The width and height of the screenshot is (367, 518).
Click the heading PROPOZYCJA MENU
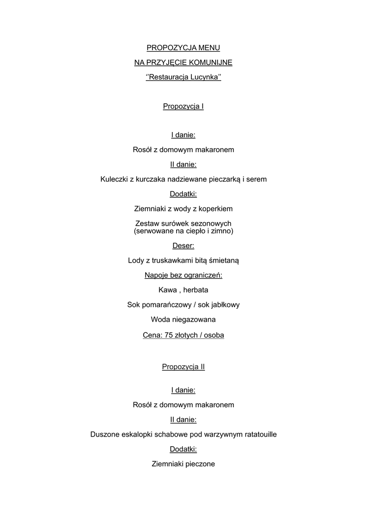(x=183, y=48)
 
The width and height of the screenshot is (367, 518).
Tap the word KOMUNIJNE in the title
(x=210, y=63)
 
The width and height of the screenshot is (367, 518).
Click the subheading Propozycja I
(x=183, y=106)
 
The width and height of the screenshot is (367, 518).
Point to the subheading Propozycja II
(x=183, y=367)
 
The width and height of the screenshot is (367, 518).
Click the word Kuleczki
(x=114, y=179)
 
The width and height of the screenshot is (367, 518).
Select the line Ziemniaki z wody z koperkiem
(x=183, y=208)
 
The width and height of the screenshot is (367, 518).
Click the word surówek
(x=173, y=224)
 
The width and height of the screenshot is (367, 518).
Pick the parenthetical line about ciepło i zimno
(x=183, y=231)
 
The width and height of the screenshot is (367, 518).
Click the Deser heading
(x=183, y=246)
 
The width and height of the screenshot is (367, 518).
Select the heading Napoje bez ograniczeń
(x=183, y=275)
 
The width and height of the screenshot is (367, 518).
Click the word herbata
(x=195, y=290)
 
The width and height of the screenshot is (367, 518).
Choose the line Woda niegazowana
(x=183, y=320)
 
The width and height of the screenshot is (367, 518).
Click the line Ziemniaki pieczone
(x=183, y=463)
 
